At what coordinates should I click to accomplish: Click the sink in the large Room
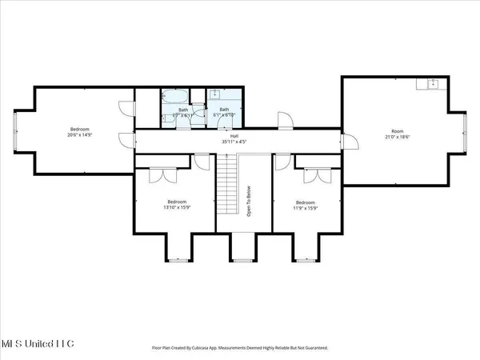click(433, 84)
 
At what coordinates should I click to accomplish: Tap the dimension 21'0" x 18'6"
click(398, 136)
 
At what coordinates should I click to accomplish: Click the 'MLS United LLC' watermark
click(38, 343)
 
